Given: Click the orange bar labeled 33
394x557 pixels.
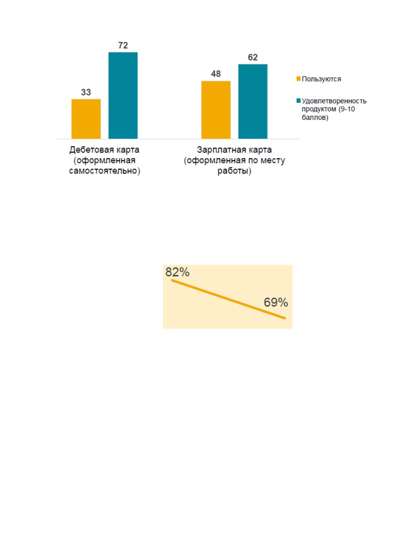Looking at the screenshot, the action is [86, 119].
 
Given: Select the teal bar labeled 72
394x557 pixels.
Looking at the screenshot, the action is [123, 96].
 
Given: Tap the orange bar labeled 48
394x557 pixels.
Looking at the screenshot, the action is [216, 110].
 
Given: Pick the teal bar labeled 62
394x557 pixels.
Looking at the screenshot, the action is [253, 102].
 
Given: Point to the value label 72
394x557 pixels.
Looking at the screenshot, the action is [123, 45].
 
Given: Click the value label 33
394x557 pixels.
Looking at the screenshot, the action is [86, 92].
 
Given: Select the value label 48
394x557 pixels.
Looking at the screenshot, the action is [216, 74].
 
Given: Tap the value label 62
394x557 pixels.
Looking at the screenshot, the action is [253, 57].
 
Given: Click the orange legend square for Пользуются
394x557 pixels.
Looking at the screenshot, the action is [298, 79].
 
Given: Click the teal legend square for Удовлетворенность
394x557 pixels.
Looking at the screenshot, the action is [298, 101].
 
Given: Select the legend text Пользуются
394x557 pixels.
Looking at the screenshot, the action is [321, 79].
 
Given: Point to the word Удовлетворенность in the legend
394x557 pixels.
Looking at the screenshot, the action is [334, 101].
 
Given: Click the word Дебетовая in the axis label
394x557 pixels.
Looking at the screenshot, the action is [88, 150].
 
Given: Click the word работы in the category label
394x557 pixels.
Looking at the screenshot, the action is [233, 171].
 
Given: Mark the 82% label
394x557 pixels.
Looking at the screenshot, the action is [177, 272].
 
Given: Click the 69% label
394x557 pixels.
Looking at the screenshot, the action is [276, 302].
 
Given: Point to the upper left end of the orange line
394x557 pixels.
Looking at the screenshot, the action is [172, 280].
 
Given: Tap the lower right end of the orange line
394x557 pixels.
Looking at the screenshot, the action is [285, 318].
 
